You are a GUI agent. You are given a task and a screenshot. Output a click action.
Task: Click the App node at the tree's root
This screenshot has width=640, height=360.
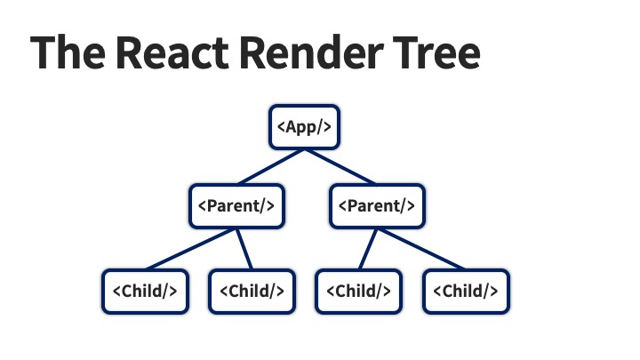304,127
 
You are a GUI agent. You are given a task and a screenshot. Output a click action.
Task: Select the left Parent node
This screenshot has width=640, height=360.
236,205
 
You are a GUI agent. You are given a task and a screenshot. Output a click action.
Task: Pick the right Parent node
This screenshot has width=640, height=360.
377,205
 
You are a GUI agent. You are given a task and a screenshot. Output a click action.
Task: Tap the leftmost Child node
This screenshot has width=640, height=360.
145,292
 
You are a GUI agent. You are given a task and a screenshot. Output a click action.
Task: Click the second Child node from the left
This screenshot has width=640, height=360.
252,292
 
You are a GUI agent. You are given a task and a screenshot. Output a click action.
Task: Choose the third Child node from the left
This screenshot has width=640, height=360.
359,292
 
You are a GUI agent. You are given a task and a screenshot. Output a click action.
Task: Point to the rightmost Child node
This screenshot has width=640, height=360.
466,292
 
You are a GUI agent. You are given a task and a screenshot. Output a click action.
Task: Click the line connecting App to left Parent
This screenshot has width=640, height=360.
270,167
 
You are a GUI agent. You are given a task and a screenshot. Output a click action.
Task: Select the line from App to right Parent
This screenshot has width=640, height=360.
340,167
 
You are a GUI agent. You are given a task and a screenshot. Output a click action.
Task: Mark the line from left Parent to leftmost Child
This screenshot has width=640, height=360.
190,249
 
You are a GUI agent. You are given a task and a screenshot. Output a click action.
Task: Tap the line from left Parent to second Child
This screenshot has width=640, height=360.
244,249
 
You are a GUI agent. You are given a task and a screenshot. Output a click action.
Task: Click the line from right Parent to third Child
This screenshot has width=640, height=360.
368,249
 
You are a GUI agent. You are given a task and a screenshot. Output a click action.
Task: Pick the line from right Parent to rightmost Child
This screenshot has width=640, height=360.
421,249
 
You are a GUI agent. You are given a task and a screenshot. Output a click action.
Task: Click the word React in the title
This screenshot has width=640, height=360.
172,53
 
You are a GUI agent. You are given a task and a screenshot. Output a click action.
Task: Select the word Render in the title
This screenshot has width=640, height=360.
311,53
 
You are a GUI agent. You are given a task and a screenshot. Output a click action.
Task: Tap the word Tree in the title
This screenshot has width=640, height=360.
436,53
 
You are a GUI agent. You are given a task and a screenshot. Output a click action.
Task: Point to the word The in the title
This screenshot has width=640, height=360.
68,53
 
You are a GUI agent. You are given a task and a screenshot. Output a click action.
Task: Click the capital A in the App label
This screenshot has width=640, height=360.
291,126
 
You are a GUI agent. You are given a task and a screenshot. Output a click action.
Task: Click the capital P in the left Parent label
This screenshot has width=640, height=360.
212,205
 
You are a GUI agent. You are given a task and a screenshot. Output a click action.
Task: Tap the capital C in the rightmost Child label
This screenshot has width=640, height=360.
447,291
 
